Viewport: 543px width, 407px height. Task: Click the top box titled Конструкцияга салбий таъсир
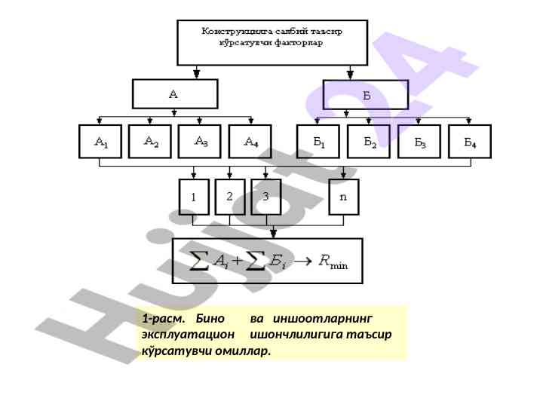click(x=272, y=42)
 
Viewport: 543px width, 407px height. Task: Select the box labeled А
click(x=175, y=95)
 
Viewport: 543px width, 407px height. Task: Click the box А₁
click(x=100, y=142)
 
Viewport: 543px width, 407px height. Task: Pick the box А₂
click(x=151, y=141)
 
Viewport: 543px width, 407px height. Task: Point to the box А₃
click(x=201, y=141)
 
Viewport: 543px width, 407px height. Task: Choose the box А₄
click(x=251, y=142)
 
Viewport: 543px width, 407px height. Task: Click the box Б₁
click(x=318, y=142)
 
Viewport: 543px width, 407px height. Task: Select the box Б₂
click(x=368, y=142)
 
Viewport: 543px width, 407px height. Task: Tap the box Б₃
click(x=419, y=142)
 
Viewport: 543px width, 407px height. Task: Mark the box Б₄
click(x=469, y=142)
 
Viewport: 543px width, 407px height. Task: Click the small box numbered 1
click(x=194, y=197)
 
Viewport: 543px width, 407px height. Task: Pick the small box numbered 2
click(x=230, y=197)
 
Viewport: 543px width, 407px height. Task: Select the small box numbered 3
click(x=265, y=197)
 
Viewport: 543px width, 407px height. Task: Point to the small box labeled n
click(x=344, y=197)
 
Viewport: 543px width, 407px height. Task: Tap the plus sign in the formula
click(x=237, y=262)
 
